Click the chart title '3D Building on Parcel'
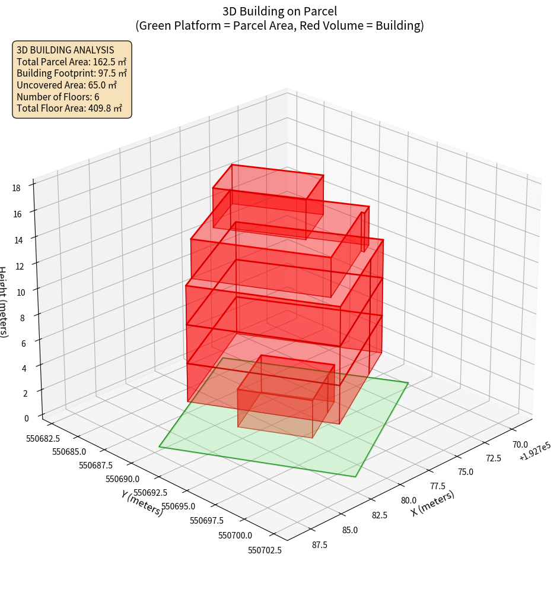point(279,11)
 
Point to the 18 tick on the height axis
point(16,188)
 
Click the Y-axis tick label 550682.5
point(52,439)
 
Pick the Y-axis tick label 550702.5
point(265,550)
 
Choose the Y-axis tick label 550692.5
point(150,493)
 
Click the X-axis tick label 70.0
point(520,444)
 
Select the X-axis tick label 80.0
point(409,500)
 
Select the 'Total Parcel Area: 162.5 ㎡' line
point(72,62)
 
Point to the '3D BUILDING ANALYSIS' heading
point(65,50)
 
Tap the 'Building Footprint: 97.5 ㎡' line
point(72,74)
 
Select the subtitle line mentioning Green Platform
point(279,26)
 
